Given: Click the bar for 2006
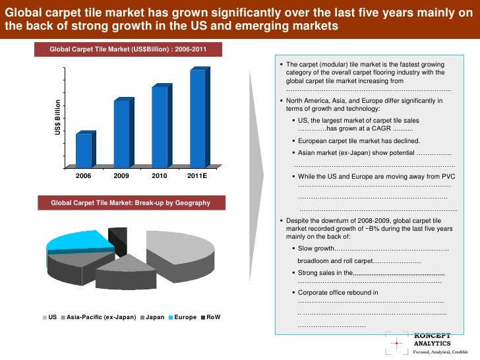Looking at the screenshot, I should pyautogui.click(x=84, y=150).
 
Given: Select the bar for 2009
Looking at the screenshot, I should pyautogui.click(x=122, y=133).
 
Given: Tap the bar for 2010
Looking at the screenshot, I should pyautogui.click(x=160, y=127).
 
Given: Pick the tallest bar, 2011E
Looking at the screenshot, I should pyautogui.click(x=198, y=118).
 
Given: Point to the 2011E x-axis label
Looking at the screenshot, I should pyautogui.click(x=196, y=177).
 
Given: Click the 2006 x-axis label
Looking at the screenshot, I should pyautogui.click(x=84, y=177).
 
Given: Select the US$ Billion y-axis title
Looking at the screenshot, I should pyautogui.click(x=57, y=119).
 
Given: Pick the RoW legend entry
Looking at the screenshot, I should pyautogui.click(x=210, y=318).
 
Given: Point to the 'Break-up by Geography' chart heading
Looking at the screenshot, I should pyautogui.click(x=131, y=203).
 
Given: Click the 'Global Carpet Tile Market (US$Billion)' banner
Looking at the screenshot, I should pyautogui.click(x=131, y=49).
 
